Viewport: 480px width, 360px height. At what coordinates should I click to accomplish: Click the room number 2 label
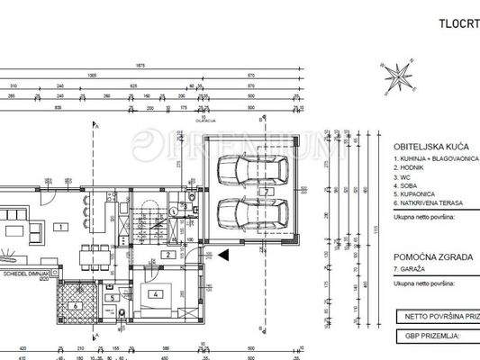[x=168, y=255]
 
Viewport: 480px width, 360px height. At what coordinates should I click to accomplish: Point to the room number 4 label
[x=157, y=293]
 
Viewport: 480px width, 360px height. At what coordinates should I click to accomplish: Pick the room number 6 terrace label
[x=76, y=304]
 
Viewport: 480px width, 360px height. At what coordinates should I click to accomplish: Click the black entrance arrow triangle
[x=223, y=255]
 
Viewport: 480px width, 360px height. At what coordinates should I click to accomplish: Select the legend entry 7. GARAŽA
[x=413, y=269]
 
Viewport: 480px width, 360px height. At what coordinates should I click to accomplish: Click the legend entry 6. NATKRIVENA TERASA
[x=431, y=203]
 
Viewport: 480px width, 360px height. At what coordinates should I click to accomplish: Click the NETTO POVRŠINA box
[x=437, y=317]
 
